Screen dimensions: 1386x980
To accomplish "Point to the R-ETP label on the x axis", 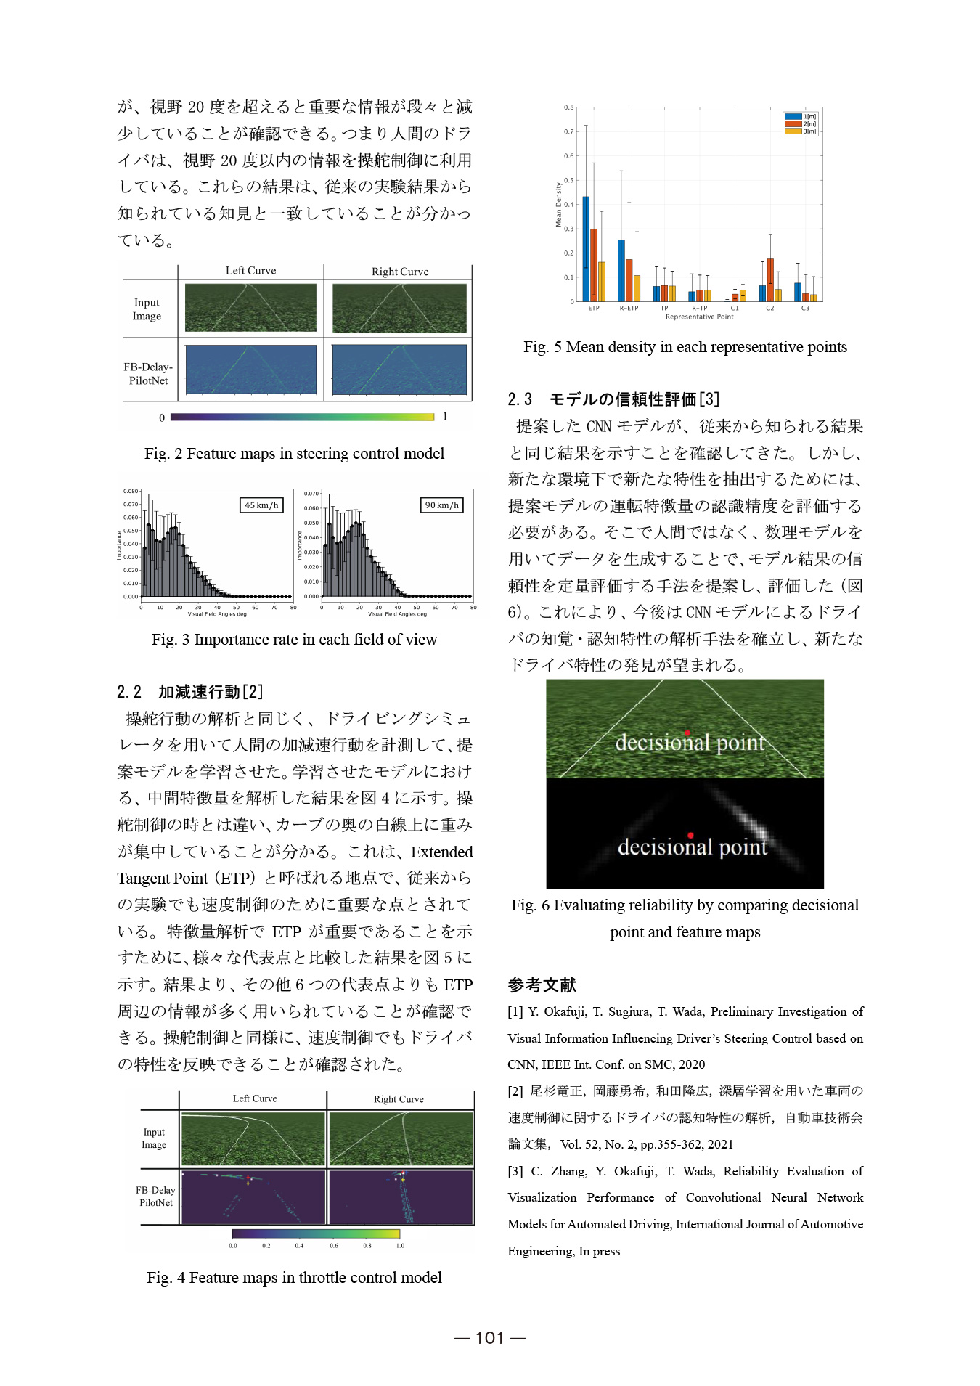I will (x=629, y=308).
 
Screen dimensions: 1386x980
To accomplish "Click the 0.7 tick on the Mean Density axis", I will (x=569, y=131).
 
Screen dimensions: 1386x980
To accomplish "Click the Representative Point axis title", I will (x=699, y=317).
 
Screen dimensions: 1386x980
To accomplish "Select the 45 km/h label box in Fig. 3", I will (x=261, y=505).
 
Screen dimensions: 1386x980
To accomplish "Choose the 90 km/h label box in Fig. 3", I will (x=441, y=505).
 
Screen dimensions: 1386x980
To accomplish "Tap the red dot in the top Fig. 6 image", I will (x=687, y=733).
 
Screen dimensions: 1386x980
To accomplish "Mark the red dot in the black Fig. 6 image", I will (x=690, y=835).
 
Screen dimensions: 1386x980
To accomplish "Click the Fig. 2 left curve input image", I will (x=250, y=308).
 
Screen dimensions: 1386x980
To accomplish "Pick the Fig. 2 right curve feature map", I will (x=399, y=370).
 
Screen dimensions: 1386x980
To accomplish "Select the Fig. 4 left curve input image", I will (x=253, y=1139).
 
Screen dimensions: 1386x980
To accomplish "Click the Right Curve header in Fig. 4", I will (x=399, y=1099).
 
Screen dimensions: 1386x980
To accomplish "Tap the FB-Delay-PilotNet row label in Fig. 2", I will (x=148, y=374).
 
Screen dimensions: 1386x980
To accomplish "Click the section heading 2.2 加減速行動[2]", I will (x=190, y=692).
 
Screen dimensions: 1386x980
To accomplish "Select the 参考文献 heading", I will (x=542, y=985).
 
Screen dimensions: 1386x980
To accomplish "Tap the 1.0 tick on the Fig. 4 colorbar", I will (x=400, y=1246).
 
